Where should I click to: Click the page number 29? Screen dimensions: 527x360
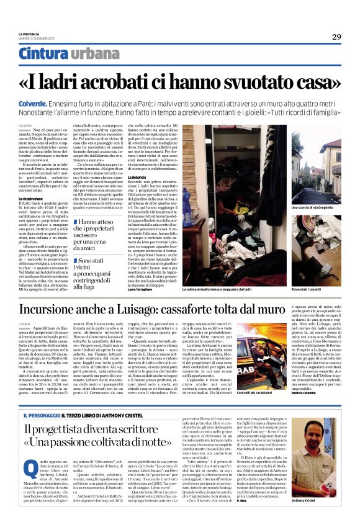pos(336,37)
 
